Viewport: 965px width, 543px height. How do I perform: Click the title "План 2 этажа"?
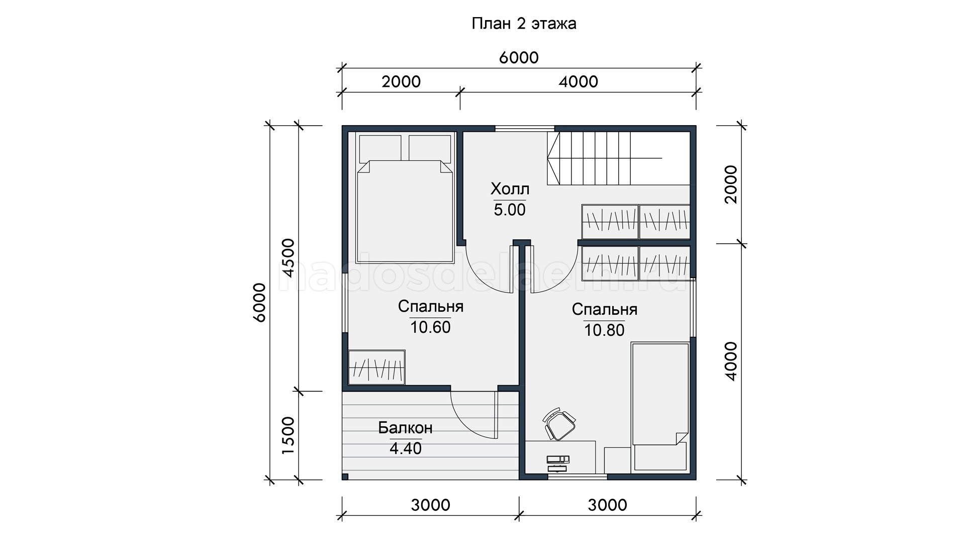pos(524,24)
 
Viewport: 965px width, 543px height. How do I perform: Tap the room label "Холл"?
pos(510,190)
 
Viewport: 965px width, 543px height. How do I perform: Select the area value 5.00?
pos(510,210)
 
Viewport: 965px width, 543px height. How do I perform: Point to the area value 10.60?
pos(430,327)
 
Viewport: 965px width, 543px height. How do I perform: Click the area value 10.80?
pos(604,330)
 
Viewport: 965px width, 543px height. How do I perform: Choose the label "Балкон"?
pos(405,428)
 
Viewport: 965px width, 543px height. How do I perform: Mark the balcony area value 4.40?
pos(406,448)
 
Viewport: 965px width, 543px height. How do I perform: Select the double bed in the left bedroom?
pos(405,198)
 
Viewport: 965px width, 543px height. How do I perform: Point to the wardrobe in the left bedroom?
pos(376,368)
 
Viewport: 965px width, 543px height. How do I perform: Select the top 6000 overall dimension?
pos(519,58)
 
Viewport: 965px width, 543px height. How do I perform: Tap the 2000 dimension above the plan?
pos(401,81)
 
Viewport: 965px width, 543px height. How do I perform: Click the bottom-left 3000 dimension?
pos(430,505)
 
